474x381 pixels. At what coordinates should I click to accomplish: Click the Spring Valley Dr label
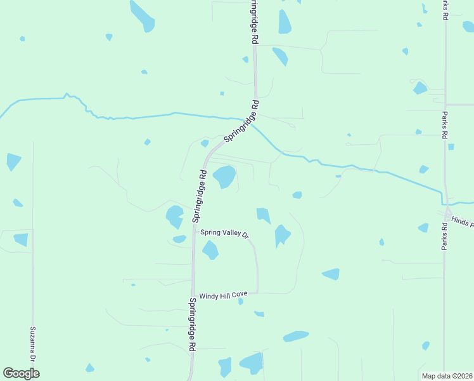[x=225, y=233]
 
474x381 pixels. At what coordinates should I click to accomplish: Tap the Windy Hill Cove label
[x=222, y=296]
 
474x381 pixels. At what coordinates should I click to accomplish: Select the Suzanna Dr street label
[x=33, y=345]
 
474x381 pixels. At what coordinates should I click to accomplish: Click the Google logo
[x=21, y=373]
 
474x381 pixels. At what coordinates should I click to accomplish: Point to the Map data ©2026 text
[x=447, y=376]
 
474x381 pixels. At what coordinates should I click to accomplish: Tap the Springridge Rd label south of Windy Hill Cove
[x=190, y=324]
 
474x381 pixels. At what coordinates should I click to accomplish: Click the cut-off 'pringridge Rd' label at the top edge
[x=254, y=22]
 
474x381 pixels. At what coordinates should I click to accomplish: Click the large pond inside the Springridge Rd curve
[x=224, y=177]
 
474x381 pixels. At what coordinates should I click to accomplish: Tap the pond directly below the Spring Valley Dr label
[x=210, y=250]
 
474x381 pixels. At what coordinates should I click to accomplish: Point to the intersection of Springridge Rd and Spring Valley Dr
[x=194, y=232]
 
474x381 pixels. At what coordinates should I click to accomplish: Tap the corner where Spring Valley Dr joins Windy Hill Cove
[x=257, y=293]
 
